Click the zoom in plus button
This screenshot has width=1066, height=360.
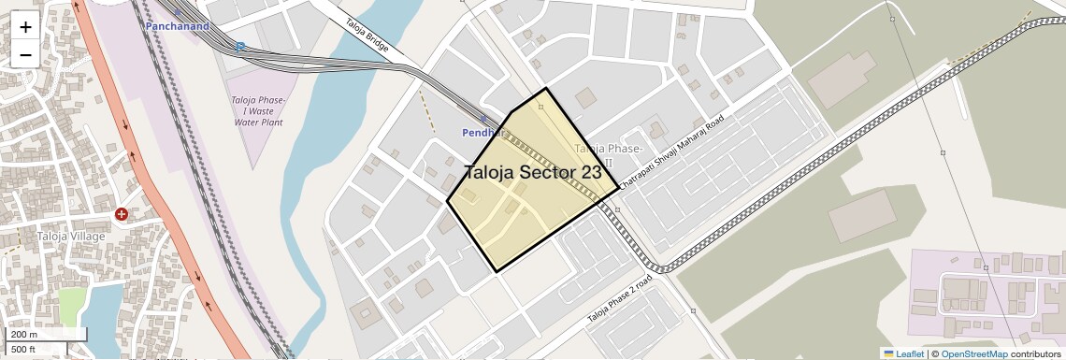point(25,27)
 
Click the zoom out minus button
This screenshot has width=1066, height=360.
point(25,54)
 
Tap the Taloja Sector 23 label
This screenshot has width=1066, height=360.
point(533,172)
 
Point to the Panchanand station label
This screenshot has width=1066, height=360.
point(177,26)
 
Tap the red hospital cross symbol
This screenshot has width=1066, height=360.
point(122,214)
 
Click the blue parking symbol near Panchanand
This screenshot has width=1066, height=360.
point(240,46)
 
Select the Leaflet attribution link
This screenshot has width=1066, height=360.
point(903,353)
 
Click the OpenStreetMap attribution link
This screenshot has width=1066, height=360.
point(973,353)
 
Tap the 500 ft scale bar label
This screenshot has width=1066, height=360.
point(24,350)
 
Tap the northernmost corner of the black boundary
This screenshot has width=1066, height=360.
point(546,89)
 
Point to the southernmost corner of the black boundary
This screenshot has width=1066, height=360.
point(496,272)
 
